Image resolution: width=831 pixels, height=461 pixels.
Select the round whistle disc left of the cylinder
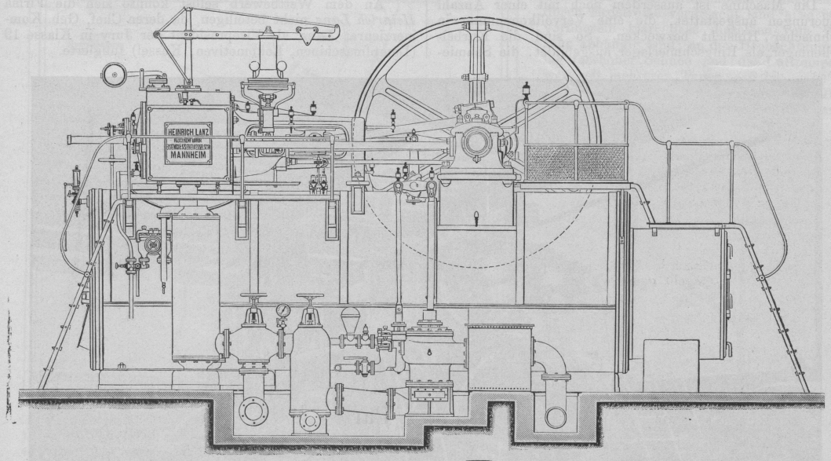tap(111, 76)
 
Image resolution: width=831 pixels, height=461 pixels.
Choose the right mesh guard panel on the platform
tap(600, 163)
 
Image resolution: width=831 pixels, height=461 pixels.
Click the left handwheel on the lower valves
tap(253, 298)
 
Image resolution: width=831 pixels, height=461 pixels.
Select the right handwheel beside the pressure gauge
tap(312, 298)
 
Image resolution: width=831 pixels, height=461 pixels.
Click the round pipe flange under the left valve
tap(255, 412)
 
